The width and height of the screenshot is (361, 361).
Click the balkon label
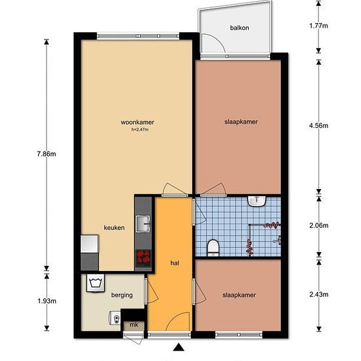(240, 28)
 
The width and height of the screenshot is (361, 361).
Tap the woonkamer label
(137, 122)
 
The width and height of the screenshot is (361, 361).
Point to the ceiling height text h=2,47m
(140, 129)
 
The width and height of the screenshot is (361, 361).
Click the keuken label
(114, 228)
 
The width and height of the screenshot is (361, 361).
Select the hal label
(175, 263)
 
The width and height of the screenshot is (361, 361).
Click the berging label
(122, 295)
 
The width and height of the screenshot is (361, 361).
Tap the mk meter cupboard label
(134, 325)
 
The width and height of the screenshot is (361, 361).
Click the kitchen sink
(143, 224)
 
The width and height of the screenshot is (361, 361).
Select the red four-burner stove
(143, 257)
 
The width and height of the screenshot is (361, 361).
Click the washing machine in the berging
(95, 283)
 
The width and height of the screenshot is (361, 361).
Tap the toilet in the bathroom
(213, 247)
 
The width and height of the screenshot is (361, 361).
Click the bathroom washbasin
(257, 201)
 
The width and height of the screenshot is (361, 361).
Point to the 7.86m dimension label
(47, 154)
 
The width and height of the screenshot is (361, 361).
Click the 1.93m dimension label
(47, 301)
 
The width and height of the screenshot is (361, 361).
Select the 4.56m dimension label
(318, 125)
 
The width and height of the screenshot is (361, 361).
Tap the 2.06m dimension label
(319, 225)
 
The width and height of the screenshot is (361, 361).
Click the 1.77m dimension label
(318, 26)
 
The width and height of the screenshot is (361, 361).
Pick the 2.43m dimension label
(319, 294)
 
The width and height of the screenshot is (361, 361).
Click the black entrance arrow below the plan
(179, 347)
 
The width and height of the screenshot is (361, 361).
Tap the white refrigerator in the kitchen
(90, 244)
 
